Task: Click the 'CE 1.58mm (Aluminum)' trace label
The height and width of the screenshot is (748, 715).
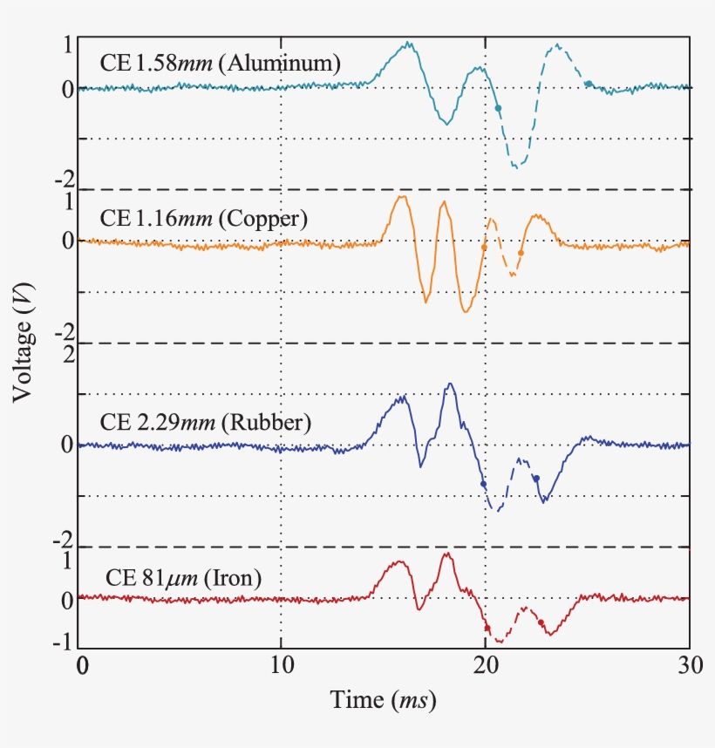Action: pos(219,63)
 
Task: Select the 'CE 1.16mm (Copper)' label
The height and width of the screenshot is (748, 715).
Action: pos(203,219)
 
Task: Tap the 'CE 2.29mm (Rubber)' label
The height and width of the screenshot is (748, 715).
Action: pos(206,424)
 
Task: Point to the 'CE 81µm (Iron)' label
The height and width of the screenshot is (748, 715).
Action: pos(183,577)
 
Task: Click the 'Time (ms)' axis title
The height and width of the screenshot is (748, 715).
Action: pos(383,699)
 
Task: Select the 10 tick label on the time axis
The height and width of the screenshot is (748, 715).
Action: pos(281,665)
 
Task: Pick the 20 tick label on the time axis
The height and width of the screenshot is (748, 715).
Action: pos(485,665)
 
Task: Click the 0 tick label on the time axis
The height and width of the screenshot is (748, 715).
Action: pos(82,665)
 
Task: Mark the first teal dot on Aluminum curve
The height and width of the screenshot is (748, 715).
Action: pos(498,108)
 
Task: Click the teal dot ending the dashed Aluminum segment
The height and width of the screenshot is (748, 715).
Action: pos(589,84)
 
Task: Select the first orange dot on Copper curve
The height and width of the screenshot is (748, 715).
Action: pos(485,248)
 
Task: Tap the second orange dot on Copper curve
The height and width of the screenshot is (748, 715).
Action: pos(521,253)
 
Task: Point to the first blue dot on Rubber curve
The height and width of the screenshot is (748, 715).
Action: pos(483,484)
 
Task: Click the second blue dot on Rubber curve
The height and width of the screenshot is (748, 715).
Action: pos(536,478)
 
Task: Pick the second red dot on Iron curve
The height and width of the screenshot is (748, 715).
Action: pos(541,622)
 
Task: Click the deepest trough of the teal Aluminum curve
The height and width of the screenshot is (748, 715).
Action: pos(516,166)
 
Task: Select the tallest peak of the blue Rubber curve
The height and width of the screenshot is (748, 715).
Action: pos(449,384)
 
